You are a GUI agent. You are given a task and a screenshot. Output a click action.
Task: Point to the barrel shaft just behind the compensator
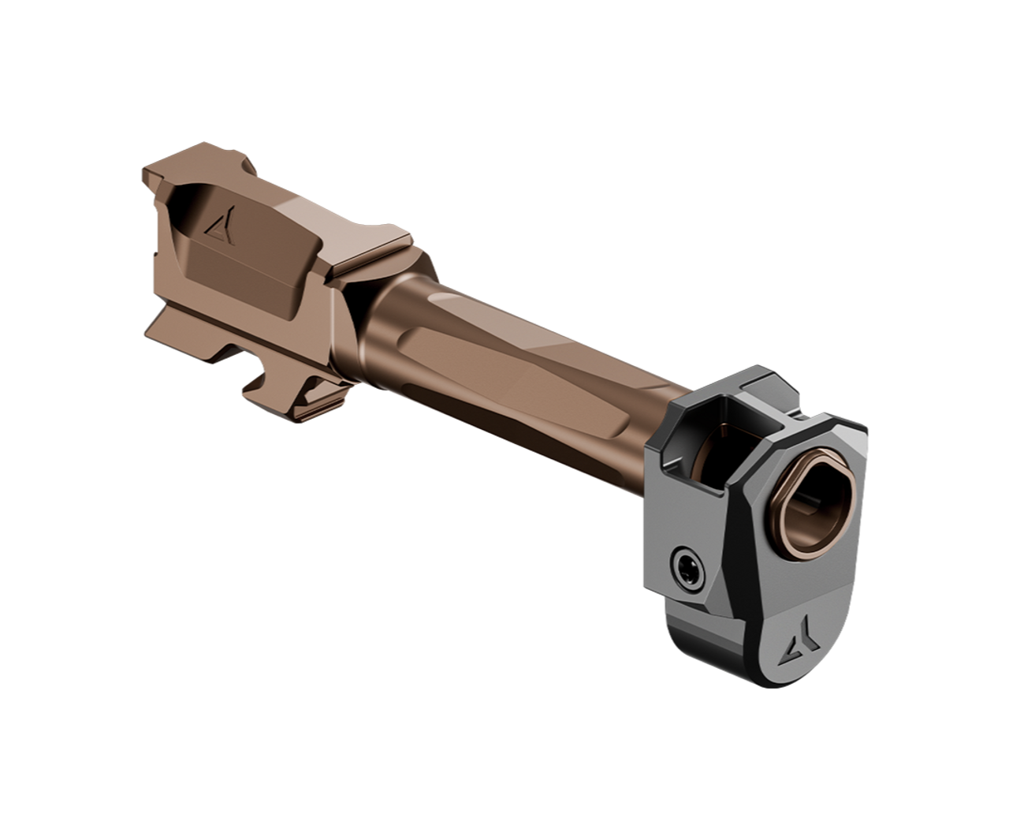click(x=615, y=426)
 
